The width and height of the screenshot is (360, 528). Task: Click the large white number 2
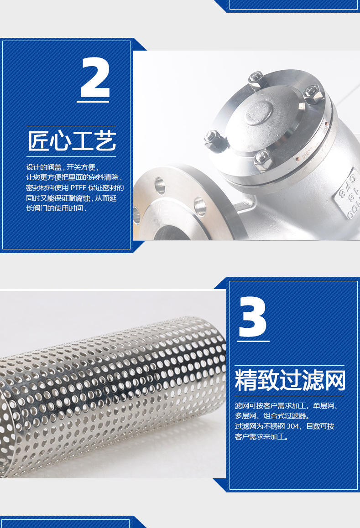pyautogui.click(x=95, y=78)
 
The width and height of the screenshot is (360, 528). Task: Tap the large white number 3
pyautogui.click(x=253, y=317)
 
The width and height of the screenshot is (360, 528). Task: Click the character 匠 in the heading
pyautogui.click(x=38, y=141)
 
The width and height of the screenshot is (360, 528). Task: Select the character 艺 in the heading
pyautogui.click(x=105, y=141)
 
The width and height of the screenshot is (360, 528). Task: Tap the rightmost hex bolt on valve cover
pyautogui.click(x=313, y=95)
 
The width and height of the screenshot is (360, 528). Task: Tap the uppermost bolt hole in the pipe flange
pyautogui.click(x=160, y=185)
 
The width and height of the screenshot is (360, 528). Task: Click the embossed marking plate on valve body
pyautogui.click(x=351, y=194)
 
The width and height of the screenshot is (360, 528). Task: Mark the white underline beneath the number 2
pyautogui.click(x=93, y=102)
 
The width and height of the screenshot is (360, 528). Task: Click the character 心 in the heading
pyautogui.click(x=60, y=141)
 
